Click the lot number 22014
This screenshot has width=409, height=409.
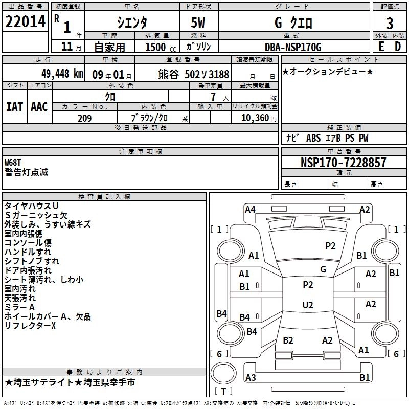point(26,22)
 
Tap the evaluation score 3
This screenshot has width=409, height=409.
point(390,23)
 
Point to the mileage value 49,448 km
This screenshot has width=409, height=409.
point(55,73)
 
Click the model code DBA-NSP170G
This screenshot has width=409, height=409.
point(293,48)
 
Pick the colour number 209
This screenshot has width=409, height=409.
point(84,118)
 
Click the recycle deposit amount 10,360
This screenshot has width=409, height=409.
point(254,118)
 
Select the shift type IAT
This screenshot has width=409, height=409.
point(14,106)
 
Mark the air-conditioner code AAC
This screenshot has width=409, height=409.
point(39,106)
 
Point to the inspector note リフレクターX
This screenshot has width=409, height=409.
point(30,326)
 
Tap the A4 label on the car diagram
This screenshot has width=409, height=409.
point(250,209)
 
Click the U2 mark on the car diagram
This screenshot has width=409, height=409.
point(307,305)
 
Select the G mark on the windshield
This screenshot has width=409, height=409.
point(323,269)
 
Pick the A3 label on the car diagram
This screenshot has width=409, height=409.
point(251,378)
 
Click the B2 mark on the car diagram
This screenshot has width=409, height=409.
point(288,340)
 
